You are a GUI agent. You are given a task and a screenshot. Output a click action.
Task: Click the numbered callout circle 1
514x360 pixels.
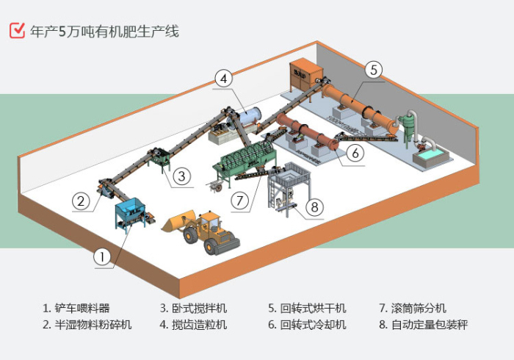103,256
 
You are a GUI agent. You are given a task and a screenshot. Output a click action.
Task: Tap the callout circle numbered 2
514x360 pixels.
81,199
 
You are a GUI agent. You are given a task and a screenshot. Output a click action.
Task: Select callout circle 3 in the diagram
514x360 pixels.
183,176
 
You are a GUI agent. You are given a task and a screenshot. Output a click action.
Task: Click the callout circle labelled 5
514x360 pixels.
373,70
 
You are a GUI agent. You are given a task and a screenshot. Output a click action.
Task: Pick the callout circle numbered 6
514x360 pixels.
355,153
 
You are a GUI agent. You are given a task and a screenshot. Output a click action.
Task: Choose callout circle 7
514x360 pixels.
239,198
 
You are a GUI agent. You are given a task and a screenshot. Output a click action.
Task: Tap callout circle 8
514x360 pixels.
314,207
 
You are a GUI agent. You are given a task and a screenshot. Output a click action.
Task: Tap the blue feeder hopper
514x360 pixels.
131,210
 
